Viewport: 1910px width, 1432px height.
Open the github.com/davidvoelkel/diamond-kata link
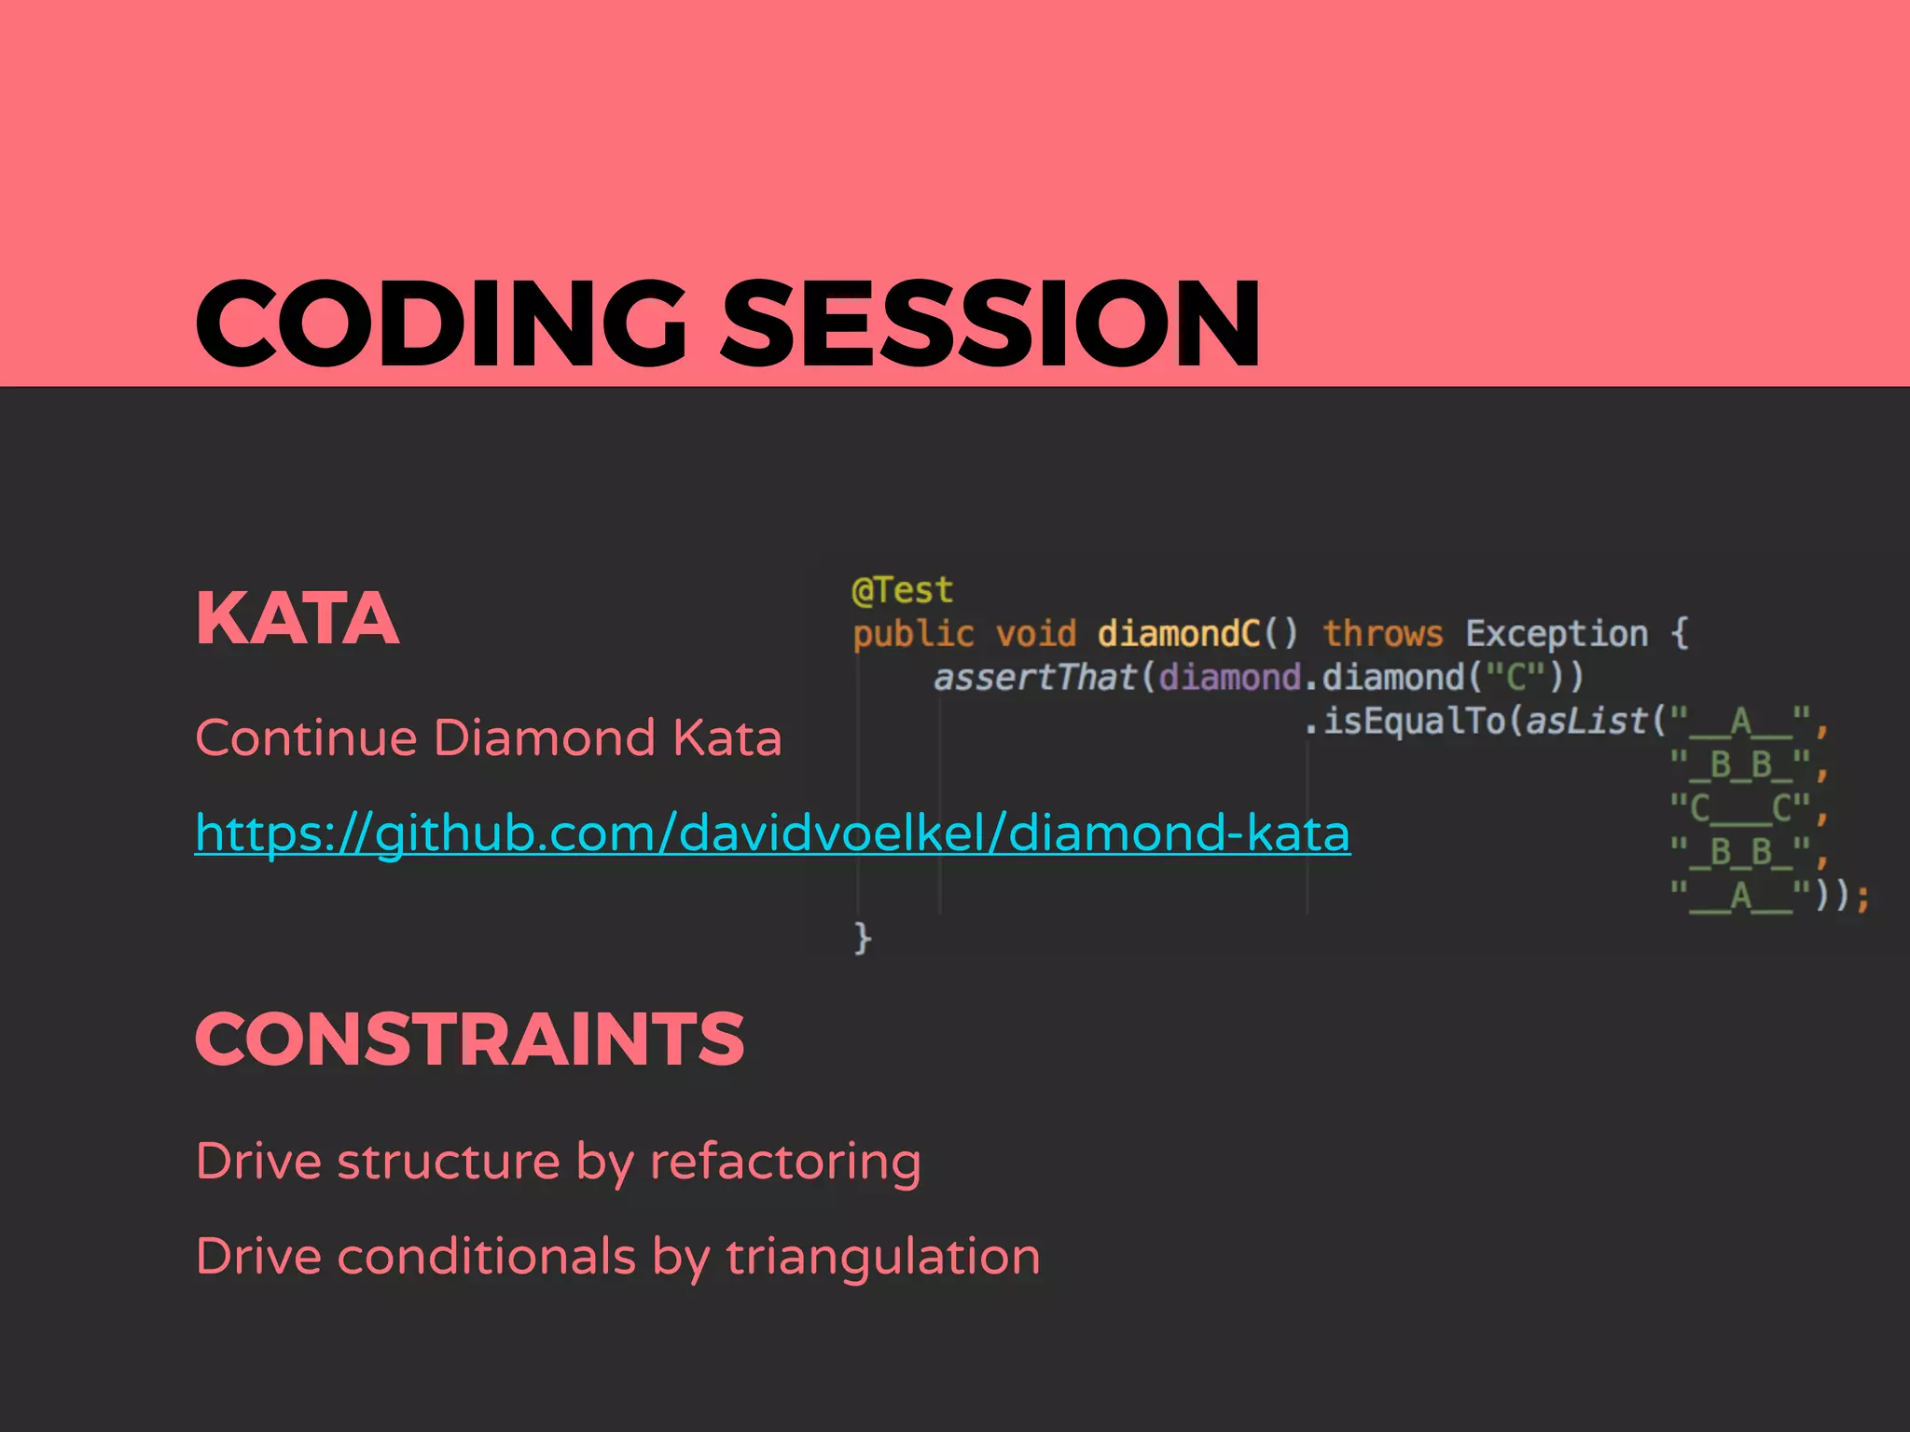772,833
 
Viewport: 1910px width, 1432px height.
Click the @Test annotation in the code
902,590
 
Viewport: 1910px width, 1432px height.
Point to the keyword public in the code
912,634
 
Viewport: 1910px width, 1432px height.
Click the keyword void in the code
1035,634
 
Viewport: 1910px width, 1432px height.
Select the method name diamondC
1179,634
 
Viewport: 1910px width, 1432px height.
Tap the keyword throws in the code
1382,634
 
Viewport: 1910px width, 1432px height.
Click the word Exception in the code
1556,634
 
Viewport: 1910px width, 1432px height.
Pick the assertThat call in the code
1033,678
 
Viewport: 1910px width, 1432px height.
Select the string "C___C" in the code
1740,808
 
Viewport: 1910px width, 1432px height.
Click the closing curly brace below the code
863,938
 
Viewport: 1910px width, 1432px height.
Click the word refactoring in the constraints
784,1163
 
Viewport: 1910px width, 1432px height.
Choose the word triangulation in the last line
882,1257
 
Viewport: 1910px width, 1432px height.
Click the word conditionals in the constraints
486,1257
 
